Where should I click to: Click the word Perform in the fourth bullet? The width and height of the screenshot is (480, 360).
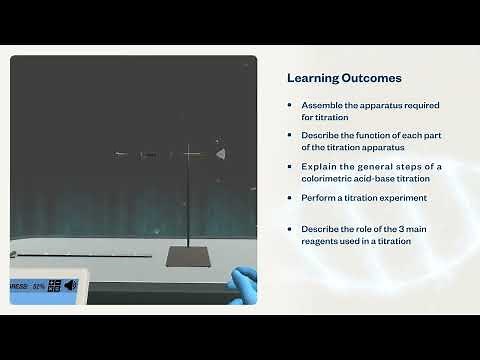click(x=317, y=198)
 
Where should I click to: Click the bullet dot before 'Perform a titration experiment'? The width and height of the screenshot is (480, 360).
click(x=290, y=198)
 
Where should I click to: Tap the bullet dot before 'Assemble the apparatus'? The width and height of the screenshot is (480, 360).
click(x=290, y=105)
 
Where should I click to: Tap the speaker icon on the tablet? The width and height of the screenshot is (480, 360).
click(x=71, y=285)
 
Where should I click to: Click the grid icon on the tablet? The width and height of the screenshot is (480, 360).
click(x=54, y=285)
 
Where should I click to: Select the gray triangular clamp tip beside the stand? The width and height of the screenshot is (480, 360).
click(x=220, y=154)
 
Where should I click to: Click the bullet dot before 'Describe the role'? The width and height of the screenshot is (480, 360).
click(x=290, y=229)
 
